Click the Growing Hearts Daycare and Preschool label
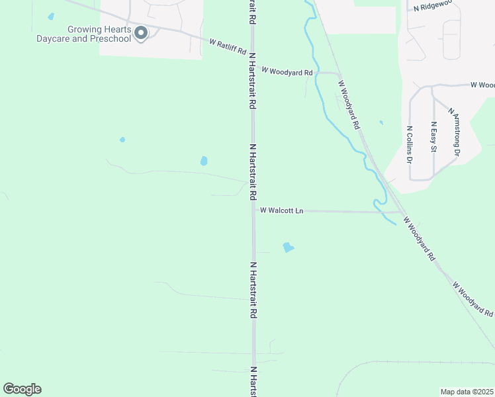99,34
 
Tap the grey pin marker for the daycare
140,32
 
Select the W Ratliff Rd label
228,46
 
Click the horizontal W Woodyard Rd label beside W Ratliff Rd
287,71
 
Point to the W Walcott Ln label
281,210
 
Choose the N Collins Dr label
410,145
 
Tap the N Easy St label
433,138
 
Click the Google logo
22,389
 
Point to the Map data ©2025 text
467,392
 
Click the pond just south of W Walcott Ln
288,247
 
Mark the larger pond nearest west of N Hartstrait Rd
204,161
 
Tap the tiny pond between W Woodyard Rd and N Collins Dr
381,122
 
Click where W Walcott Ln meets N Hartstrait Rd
253,210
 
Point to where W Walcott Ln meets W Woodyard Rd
401,212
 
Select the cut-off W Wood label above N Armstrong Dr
482,85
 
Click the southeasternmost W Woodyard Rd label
474,299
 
